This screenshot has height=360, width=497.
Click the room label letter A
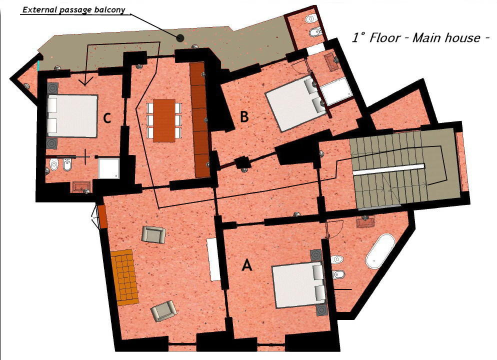pyautogui.click(x=246, y=265)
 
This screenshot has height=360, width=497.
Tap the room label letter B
pyautogui.click(x=244, y=117)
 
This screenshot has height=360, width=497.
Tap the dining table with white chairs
pyautogui.click(x=164, y=120)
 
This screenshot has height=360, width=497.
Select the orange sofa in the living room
pyautogui.click(x=124, y=276)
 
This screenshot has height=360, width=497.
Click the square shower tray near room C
pyautogui.click(x=108, y=168)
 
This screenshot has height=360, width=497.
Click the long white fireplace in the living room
pyautogui.click(x=214, y=259)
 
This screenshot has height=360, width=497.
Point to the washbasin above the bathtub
pyautogui.click(x=366, y=221)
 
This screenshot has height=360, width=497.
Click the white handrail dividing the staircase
pyautogui.click(x=388, y=169)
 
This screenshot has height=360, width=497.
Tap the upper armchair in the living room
pyautogui.click(x=153, y=234)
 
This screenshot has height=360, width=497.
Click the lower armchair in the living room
pyautogui.click(x=163, y=311)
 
